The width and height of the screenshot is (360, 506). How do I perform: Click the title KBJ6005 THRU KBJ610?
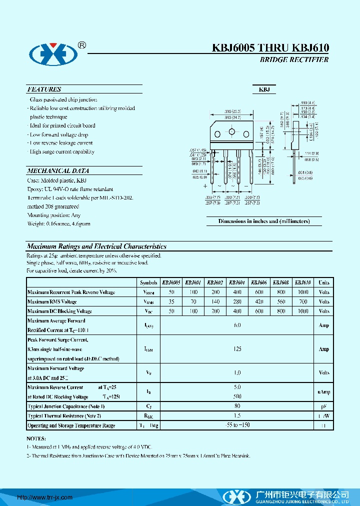click(x=270, y=48)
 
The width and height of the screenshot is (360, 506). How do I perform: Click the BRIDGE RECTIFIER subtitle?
click(x=294, y=59)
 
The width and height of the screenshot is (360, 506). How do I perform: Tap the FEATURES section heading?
click(x=44, y=89)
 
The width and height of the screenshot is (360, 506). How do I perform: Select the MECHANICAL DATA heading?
click(x=58, y=170)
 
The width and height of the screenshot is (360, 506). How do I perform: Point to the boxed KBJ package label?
click(x=264, y=89)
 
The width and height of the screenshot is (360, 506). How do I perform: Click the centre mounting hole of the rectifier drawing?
click(x=231, y=132)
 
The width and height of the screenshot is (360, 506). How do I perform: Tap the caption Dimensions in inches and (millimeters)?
click(x=264, y=221)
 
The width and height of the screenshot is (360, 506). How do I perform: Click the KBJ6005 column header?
click(x=171, y=282)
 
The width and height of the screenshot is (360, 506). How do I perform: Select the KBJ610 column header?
click(x=302, y=282)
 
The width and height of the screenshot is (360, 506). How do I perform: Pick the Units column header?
click(x=324, y=282)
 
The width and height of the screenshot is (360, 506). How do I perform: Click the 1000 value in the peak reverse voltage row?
click(x=302, y=292)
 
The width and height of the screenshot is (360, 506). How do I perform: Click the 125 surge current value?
click(x=237, y=349)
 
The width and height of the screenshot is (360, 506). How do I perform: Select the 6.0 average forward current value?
click(x=237, y=325)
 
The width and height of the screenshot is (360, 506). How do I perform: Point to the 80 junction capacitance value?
click(x=237, y=406)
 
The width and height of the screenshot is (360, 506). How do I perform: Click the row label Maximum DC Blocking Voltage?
click(x=59, y=311)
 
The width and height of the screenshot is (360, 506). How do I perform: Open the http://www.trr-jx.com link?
click(x=45, y=497)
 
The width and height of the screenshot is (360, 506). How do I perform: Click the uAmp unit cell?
click(x=324, y=391)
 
